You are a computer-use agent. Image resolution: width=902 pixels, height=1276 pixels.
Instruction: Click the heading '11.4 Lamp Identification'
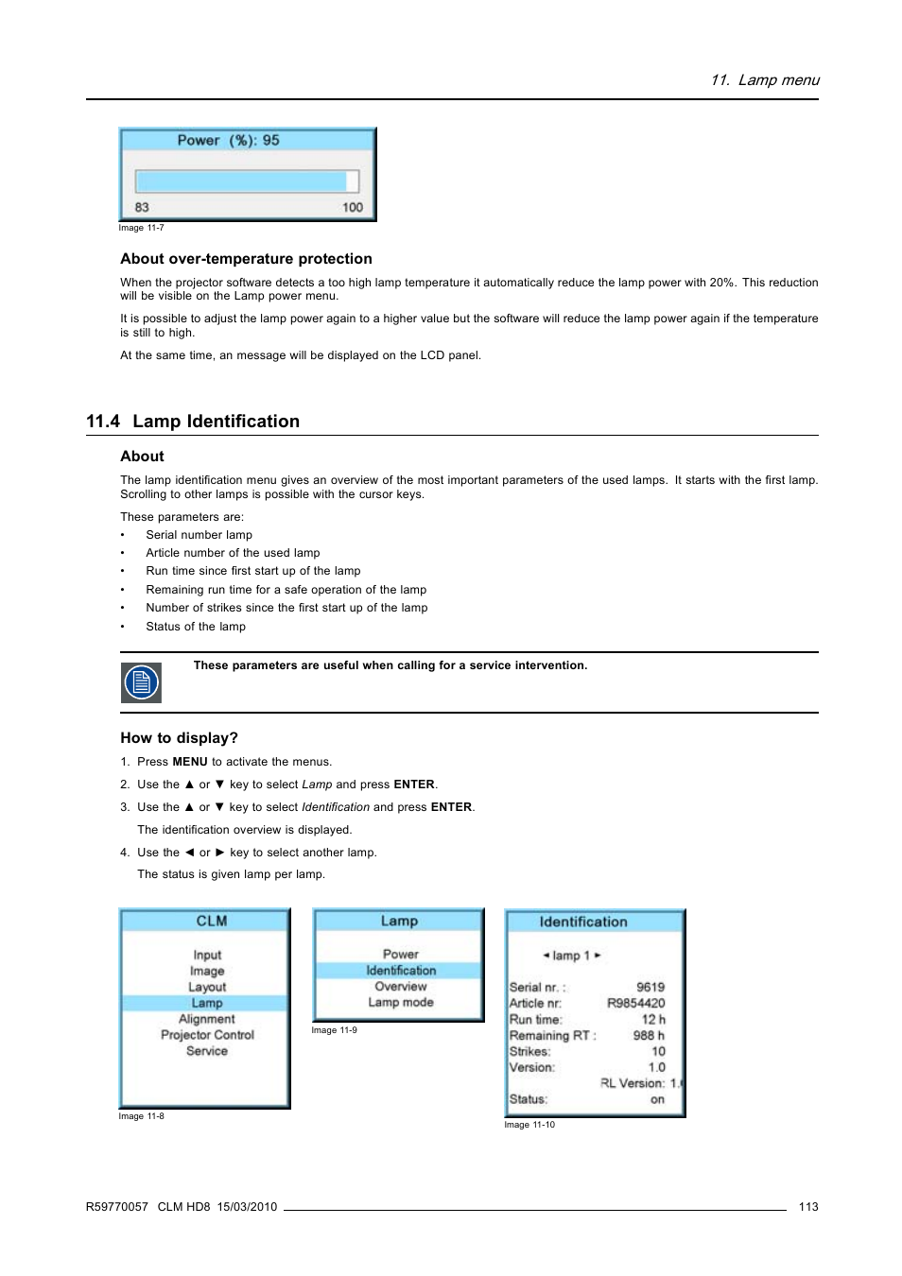click(x=193, y=422)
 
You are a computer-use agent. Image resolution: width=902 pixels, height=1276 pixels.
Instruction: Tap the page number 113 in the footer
click(x=808, y=1207)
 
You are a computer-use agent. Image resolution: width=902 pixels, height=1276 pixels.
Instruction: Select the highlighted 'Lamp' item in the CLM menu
click(x=207, y=1003)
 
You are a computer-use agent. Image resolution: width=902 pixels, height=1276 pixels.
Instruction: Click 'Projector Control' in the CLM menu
click(x=207, y=1035)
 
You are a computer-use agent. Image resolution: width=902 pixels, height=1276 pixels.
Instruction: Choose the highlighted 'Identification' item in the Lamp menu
click(x=401, y=971)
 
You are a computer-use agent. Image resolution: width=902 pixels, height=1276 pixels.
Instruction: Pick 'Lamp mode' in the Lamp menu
click(x=401, y=1003)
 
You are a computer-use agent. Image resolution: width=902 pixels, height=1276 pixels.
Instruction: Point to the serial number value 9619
click(x=650, y=987)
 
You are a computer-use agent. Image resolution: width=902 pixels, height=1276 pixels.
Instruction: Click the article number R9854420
click(x=636, y=1003)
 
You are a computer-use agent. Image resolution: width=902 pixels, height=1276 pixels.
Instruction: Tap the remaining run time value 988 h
click(x=649, y=1035)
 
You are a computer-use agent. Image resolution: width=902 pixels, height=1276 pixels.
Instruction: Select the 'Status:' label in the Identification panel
click(x=529, y=1099)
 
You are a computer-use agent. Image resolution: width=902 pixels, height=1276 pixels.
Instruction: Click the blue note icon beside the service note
click(x=141, y=682)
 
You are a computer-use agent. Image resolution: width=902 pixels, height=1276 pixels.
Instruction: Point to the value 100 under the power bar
click(x=353, y=207)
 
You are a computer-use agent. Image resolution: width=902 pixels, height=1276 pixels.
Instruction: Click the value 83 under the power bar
click(x=142, y=207)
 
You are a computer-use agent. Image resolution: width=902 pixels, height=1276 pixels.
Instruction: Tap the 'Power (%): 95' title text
click(x=229, y=141)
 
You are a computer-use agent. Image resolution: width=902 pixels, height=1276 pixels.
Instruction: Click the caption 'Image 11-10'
click(x=529, y=1125)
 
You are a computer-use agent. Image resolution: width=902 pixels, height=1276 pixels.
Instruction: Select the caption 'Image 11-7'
click(x=141, y=228)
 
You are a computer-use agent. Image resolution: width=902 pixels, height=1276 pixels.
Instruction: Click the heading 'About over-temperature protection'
click(x=246, y=259)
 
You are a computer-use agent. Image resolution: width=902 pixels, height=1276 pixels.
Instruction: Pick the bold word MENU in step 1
click(x=190, y=762)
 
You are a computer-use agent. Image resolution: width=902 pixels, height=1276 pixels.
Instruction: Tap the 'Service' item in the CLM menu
click(x=207, y=1051)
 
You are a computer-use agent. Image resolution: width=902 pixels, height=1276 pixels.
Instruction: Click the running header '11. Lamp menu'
click(x=765, y=80)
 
